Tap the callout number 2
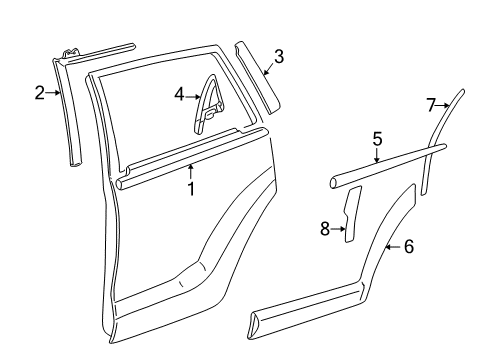point(40,94)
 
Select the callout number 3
point(279,57)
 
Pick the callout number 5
point(377,139)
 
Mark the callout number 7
point(432,104)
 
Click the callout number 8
point(324,230)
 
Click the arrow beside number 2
point(54,94)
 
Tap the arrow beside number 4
point(194,95)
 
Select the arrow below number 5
point(377,154)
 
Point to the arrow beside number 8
point(338,230)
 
